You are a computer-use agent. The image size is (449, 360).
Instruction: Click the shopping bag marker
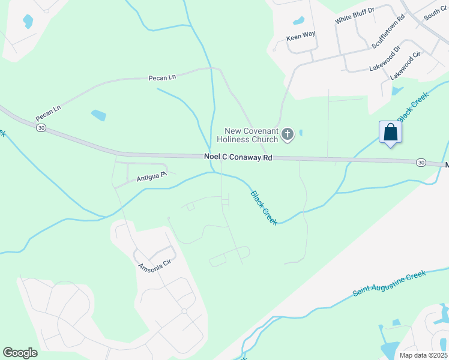point(390,133)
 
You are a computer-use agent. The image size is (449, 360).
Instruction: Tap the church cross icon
point(288,134)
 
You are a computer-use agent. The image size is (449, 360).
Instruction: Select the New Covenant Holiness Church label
point(251,135)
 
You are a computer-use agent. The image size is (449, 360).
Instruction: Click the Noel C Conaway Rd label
point(237,157)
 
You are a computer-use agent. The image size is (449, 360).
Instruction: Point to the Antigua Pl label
point(151,175)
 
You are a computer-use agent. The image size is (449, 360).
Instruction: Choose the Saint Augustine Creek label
point(388,283)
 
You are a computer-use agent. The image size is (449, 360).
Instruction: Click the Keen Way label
point(301,35)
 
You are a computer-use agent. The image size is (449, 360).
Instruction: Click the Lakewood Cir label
point(406,66)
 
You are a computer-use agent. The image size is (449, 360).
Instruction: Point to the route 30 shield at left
point(41,128)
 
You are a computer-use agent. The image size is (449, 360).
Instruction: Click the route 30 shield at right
point(421,163)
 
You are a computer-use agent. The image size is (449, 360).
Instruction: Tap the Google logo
point(20,353)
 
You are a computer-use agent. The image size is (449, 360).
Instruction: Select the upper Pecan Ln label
point(162,77)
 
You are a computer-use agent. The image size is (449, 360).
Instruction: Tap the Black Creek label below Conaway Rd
point(264,208)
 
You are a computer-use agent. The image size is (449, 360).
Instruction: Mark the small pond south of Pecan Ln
point(98,115)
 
